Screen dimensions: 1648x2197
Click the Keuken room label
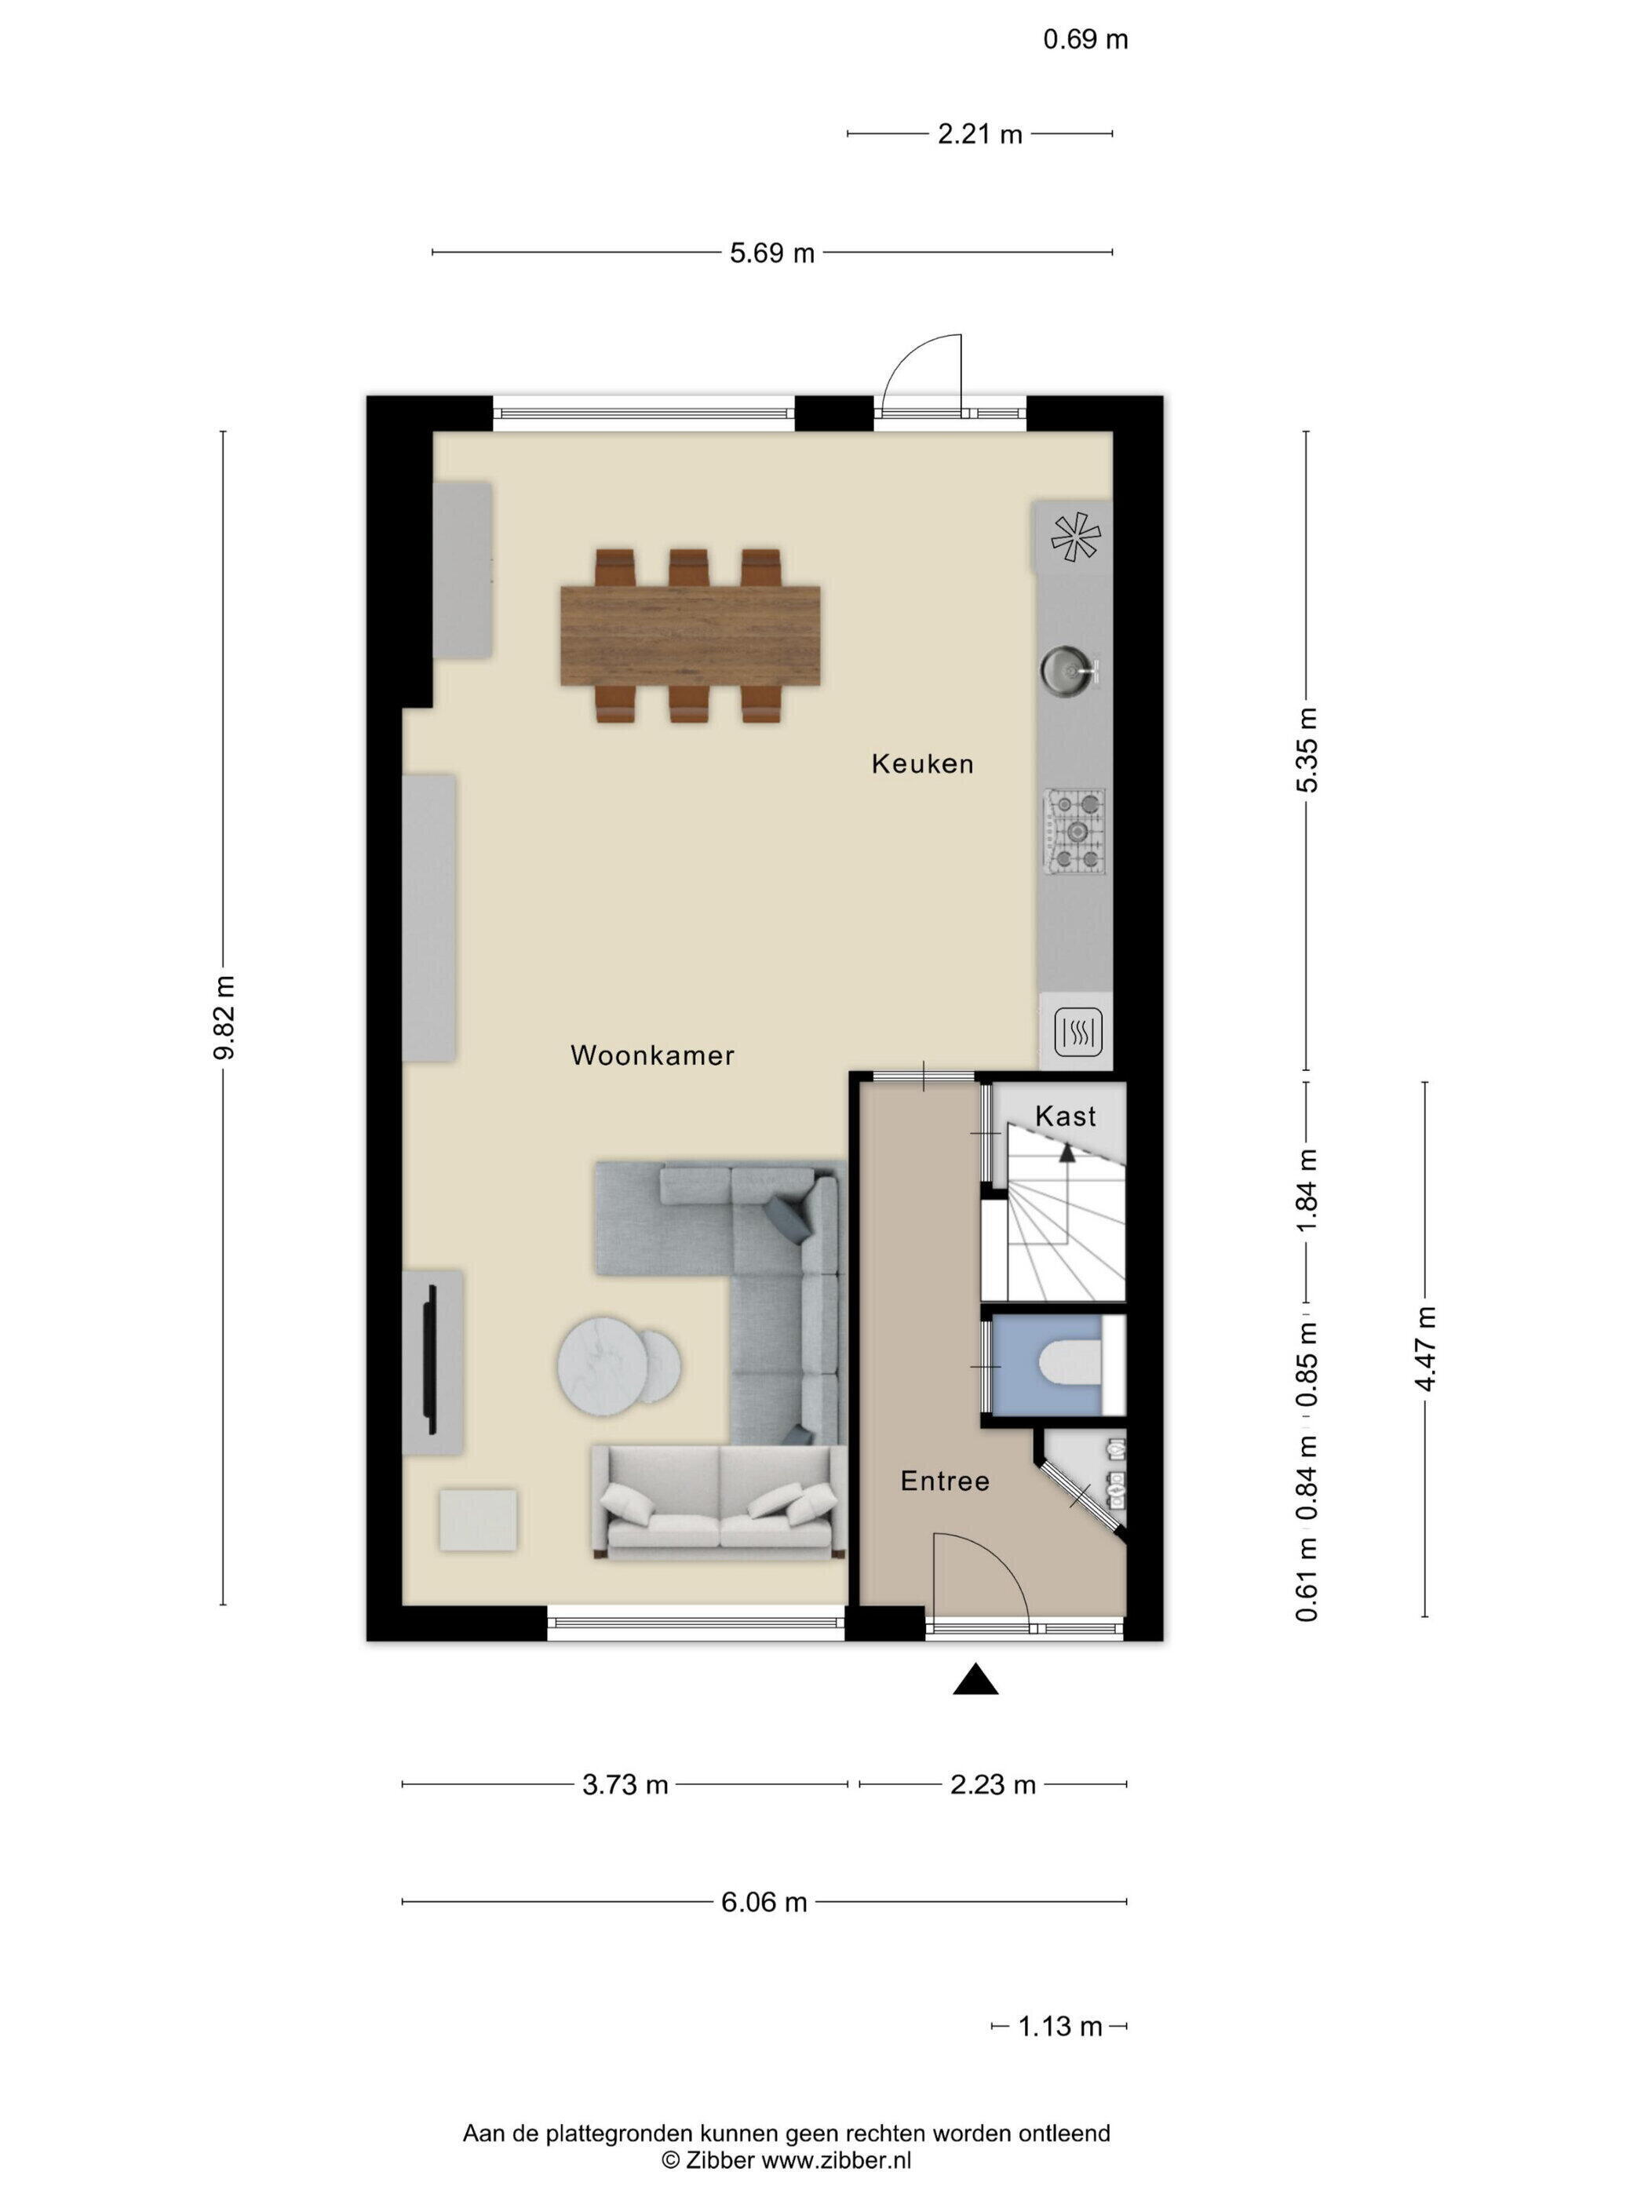922,763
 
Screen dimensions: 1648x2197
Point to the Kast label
1065,1116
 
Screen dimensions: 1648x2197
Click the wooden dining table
691,636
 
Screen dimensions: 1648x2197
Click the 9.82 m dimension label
224,1018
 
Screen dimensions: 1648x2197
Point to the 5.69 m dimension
772,253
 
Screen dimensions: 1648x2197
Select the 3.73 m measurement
625,1785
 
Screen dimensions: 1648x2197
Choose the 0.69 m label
1086,40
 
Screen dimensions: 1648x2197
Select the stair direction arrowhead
1066,1152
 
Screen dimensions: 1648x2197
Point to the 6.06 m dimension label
764,1902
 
